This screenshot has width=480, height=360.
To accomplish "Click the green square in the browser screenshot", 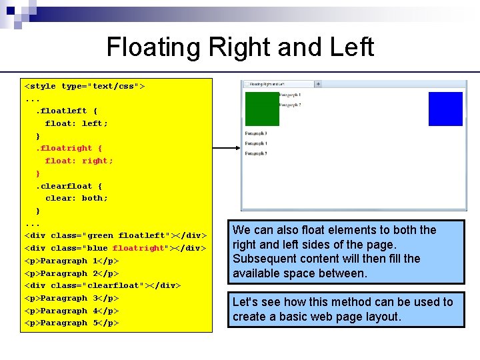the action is (262, 109).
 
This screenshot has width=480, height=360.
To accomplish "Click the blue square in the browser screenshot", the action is (445, 109).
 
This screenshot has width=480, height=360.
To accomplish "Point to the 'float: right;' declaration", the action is (79, 161).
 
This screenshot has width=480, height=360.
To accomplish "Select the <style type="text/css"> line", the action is (85, 86).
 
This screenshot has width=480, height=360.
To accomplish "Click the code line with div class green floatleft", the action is (115, 235).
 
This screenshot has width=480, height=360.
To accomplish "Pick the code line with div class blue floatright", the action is (115, 248).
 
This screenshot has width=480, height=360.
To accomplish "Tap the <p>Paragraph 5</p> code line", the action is (71, 323).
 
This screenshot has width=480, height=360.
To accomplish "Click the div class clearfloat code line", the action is (103, 285).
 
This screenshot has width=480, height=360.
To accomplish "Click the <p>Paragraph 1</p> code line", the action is (71, 261).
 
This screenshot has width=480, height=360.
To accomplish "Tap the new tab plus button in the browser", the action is (318, 84).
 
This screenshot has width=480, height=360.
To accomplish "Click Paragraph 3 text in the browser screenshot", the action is (257, 133).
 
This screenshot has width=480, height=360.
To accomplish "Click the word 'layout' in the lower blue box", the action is (382, 316).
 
